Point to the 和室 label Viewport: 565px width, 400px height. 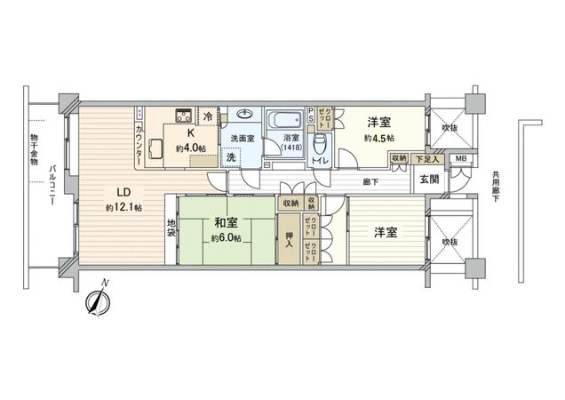pos(225,222)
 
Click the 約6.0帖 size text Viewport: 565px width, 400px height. pos(225,238)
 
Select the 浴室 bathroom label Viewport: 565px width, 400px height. pos(290,138)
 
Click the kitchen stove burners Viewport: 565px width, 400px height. pos(183,114)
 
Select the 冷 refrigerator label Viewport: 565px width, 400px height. pos(208,116)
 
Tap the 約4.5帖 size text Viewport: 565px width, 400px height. pos(378,139)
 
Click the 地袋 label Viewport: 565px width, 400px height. pos(171,228)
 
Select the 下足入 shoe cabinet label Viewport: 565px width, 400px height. pos(425,158)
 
